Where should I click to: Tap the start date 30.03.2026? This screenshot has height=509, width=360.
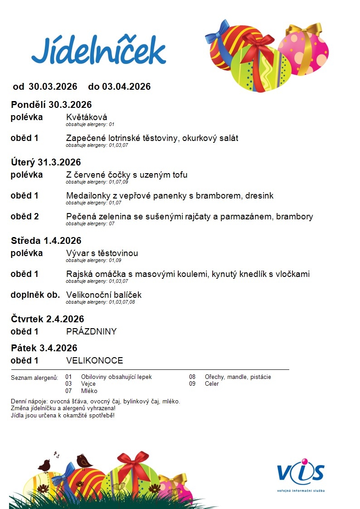53,87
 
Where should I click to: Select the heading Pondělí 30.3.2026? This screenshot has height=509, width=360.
51,105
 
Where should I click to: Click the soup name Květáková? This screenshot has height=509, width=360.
87,117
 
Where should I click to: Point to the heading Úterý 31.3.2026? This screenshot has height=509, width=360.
46,162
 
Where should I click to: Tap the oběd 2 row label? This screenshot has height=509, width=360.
24,217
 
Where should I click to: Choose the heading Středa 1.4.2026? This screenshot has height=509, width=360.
46,241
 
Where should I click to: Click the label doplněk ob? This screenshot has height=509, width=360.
35,295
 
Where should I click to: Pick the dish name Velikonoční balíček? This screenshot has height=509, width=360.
104,295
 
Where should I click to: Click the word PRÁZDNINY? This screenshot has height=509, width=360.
91,332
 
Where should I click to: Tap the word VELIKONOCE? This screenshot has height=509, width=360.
94,361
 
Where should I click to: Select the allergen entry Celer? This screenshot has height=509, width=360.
212,384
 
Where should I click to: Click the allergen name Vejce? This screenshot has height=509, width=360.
88,384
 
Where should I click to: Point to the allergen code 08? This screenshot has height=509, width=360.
192,377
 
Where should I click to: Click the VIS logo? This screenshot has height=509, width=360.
301,473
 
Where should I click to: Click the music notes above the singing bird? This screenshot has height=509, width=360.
57,454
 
